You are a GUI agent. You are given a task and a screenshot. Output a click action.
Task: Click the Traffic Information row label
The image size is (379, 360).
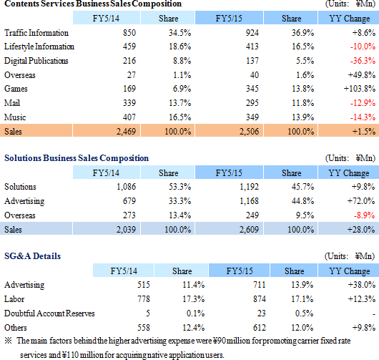(36, 33)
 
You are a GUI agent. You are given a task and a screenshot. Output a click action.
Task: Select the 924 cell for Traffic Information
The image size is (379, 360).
(252, 33)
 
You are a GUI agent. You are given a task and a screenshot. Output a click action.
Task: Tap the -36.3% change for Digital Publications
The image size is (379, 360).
(363, 61)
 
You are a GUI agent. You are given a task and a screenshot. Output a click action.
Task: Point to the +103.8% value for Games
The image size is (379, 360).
(360, 89)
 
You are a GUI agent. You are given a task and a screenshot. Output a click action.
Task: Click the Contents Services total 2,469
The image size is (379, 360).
(126, 132)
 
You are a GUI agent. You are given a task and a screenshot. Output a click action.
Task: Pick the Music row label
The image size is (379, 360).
(15, 117)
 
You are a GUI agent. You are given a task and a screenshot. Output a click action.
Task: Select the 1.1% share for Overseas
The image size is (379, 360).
(182, 75)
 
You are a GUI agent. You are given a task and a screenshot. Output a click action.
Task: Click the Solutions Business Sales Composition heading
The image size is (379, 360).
(77, 158)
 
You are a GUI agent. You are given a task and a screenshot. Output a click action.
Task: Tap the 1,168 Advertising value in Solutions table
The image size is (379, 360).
(249, 201)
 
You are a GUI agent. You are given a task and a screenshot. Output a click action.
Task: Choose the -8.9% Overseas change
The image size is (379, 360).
(365, 215)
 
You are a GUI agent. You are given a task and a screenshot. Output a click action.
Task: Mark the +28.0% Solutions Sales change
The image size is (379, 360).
(361, 229)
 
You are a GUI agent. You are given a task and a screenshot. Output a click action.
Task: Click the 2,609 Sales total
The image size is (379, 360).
(249, 229)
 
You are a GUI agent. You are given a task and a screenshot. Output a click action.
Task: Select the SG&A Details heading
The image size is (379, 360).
(32, 256)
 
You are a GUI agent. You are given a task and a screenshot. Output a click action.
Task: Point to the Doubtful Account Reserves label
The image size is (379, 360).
(49, 313)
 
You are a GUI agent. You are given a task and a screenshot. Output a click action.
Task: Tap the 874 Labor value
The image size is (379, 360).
(260, 299)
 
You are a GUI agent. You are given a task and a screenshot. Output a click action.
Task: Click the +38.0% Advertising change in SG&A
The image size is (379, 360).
(362, 285)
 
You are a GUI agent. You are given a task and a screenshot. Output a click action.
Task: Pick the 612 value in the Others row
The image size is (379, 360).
(260, 328)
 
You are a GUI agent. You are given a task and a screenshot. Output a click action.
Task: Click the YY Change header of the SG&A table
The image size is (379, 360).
(350, 271)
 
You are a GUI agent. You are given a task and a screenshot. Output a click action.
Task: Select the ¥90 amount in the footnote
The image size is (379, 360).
(220, 341)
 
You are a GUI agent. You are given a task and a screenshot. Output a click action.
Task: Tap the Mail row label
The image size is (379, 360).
(12, 103)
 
